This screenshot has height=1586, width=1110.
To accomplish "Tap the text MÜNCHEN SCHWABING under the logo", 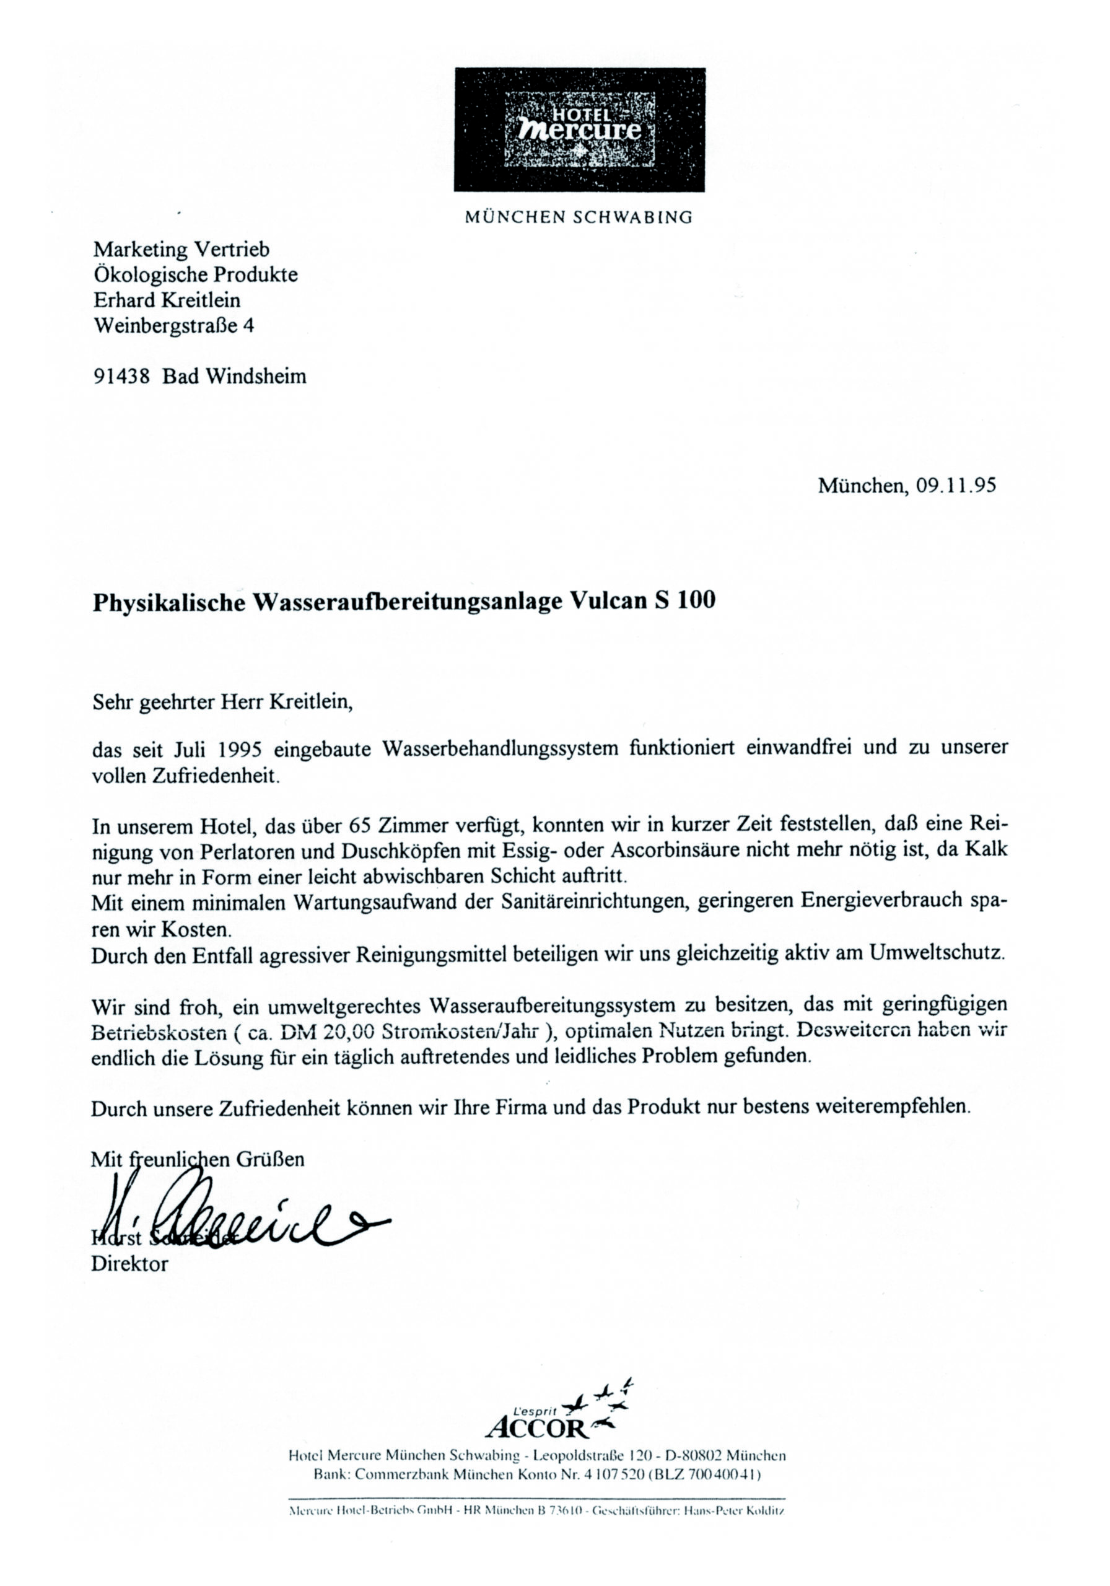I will click(578, 217).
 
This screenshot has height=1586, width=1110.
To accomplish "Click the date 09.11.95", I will click(956, 486).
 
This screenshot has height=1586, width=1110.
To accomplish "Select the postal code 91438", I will click(121, 377).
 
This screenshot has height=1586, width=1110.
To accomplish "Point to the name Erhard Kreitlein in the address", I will click(167, 300).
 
